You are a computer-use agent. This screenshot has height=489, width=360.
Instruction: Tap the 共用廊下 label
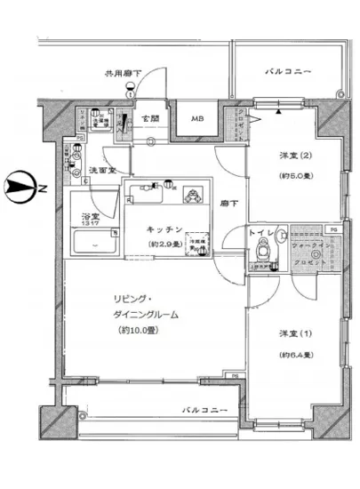[124, 74]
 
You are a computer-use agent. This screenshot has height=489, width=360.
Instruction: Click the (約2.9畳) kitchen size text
[166, 243]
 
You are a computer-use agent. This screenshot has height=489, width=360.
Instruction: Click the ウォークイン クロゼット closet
[308, 259]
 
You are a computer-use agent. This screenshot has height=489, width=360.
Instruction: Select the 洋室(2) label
[291, 162]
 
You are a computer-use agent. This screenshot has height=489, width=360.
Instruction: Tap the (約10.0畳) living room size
[143, 330]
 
